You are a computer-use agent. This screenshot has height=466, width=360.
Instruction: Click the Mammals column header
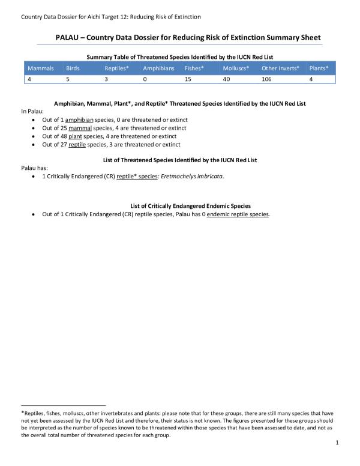pyautogui.click(x=40, y=68)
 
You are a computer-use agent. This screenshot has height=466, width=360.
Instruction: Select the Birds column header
pyautogui.click(x=73, y=68)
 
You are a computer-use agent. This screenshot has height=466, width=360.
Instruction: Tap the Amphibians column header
pyautogui.click(x=158, y=68)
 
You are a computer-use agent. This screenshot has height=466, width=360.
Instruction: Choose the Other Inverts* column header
pyautogui.click(x=280, y=68)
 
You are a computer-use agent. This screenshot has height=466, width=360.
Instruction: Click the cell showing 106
pyautogui.click(x=267, y=79)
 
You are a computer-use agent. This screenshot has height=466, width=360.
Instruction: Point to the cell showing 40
pyautogui.click(x=226, y=79)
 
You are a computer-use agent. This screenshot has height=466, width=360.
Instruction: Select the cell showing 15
pyautogui.click(x=188, y=79)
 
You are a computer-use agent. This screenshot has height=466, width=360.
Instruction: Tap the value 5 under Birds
pyautogui.click(x=67, y=79)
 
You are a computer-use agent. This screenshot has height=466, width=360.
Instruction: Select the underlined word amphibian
pyautogui.click(x=80, y=120)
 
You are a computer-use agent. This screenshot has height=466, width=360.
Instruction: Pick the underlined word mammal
pyautogui.click(x=79, y=129)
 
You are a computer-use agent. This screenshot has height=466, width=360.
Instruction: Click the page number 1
pyautogui.click(x=338, y=443)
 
